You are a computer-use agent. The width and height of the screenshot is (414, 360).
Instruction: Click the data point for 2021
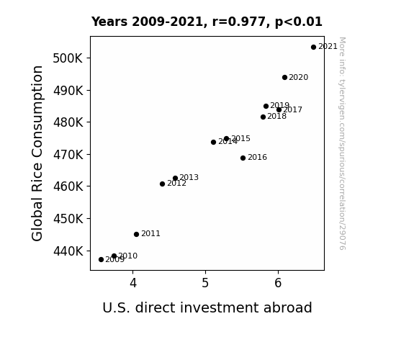(313, 48)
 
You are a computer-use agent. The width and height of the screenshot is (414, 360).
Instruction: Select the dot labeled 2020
(284, 77)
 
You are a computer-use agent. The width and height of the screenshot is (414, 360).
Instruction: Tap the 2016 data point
(243, 158)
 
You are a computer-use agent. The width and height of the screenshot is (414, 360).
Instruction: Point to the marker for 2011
(136, 234)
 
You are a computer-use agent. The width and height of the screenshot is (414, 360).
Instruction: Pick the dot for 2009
(101, 260)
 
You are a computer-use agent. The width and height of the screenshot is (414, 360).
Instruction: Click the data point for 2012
(163, 184)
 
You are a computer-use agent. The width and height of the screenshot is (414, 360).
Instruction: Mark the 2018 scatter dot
(263, 117)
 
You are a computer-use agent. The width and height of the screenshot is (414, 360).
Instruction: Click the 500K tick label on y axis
(68, 58)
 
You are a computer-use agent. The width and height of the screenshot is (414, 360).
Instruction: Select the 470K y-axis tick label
(68, 155)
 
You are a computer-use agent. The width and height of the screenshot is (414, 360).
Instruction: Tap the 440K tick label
(68, 251)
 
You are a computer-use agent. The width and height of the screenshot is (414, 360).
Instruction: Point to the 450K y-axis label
(68, 219)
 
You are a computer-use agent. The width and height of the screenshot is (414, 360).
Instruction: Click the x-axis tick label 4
(133, 283)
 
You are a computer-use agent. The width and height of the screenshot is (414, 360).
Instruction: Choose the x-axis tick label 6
(278, 283)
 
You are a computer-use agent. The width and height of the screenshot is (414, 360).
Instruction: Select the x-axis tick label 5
(205, 283)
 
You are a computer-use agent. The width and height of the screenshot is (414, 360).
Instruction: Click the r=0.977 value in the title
(240, 22)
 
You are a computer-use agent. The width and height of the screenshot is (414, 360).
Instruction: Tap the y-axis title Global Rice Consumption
(37, 153)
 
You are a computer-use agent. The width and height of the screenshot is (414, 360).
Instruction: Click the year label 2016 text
(258, 158)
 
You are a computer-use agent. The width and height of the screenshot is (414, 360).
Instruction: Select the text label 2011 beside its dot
(150, 234)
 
